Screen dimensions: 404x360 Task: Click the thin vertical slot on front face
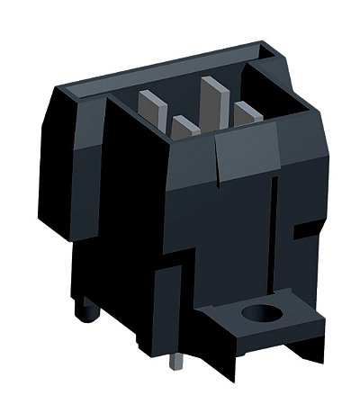[273, 234]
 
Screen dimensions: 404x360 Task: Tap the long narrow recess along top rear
[162, 68]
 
